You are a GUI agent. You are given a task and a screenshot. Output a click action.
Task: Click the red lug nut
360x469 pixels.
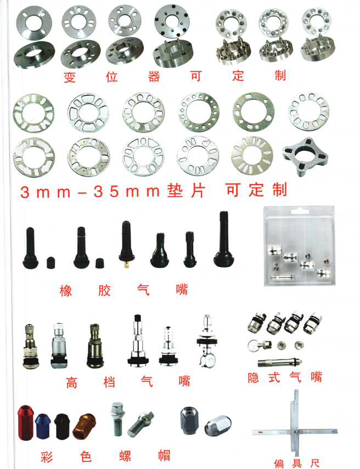25,422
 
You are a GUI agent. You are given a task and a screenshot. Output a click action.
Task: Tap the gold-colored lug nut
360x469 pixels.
85,426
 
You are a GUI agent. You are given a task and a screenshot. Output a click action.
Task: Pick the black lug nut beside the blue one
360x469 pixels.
62,427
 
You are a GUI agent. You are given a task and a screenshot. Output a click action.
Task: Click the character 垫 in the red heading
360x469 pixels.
176,190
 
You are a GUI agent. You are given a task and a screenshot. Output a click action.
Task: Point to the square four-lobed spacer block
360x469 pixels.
305,156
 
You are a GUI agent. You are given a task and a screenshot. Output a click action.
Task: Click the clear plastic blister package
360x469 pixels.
299,245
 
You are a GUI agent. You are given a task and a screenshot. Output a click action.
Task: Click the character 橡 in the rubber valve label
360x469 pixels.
66,290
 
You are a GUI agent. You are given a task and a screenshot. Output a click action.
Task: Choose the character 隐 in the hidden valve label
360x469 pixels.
253,377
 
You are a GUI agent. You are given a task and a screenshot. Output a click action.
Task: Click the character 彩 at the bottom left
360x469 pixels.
47,457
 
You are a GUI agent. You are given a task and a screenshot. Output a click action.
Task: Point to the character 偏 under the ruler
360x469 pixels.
279,464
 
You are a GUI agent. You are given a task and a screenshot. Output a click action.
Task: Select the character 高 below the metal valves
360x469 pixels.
72,382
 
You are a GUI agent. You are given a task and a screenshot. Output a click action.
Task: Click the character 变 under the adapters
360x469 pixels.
70,77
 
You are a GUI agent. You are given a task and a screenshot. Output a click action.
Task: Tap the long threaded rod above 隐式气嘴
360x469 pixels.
279,362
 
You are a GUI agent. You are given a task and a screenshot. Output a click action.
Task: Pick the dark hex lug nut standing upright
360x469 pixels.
189,420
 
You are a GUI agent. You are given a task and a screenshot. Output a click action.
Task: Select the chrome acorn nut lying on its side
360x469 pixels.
218,425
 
